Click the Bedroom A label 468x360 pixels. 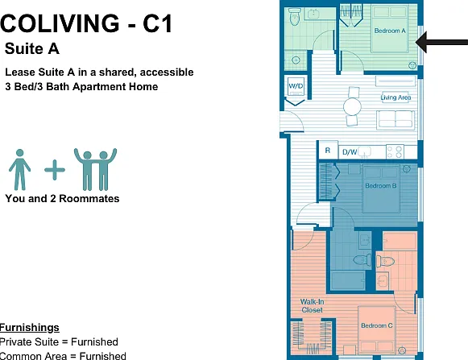pyautogui.click(x=390, y=31)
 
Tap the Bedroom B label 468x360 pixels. pyautogui.click(x=381, y=186)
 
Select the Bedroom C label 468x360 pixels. pyautogui.click(x=377, y=325)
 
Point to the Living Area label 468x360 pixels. pyautogui.click(x=396, y=97)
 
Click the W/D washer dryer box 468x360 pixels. pyautogui.click(x=296, y=86)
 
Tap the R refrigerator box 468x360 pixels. pyautogui.click(x=328, y=151)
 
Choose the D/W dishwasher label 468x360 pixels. pyautogui.click(x=350, y=152)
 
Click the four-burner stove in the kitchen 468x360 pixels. pyautogui.click(x=395, y=151)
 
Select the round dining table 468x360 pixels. pyautogui.click(x=352, y=106)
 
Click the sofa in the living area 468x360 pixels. pyautogui.click(x=396, y=120)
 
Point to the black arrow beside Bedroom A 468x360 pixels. pyautogui.click(x=441, y=42)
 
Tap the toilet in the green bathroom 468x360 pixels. pyautogui.click(x=295, y=17)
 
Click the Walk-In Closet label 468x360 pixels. pyautogui.click(x=312, y=306)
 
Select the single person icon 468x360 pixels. pyautogui.click(x=19, y=170)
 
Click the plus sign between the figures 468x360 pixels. pyautogui.click(x=55, y=170)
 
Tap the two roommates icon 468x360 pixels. pyautogui.click(x=96, y=169)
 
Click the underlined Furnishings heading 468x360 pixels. pyautogui.click(x=30, y=328)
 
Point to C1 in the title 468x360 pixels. pyautogui.click(x=158, y=23)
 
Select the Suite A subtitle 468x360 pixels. pyautogui.click(x=32, y=48)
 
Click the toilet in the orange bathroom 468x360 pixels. pyautogui.click(x=385, y=262)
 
